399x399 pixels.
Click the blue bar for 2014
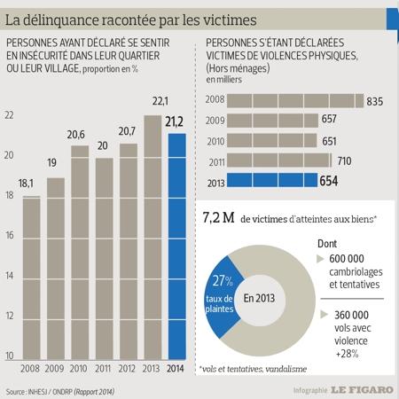click(177, 246)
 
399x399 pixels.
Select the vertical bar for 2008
click(32, 278)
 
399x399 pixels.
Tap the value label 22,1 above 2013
click(160, 101)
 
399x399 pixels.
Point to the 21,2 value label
click(174, 121)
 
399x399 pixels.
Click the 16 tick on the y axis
click(10, 235)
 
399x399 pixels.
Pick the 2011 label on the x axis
click(103, 369)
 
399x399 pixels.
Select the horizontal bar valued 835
click(295, 101)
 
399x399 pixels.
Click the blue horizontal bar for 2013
click(272, 180)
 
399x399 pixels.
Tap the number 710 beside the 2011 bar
click(344, 161)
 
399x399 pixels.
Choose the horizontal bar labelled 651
click(272, 140)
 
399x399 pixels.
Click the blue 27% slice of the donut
click(222, 296)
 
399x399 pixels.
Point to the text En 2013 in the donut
click(259, 298)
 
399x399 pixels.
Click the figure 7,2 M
click(218, 218)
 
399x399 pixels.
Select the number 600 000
click(347, 259)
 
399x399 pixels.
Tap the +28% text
click(347, 354)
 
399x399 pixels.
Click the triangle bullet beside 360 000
click(324, 315)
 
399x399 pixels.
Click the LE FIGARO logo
click(362, 390)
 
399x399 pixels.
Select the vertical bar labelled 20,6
click(80, 253)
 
